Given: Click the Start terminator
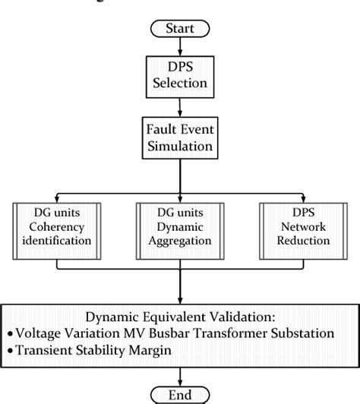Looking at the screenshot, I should click(179, 30).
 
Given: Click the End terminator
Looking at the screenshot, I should click(179, 393).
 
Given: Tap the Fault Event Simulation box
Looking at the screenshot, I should click(179, 136).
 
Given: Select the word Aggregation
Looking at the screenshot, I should click(179, 241).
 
